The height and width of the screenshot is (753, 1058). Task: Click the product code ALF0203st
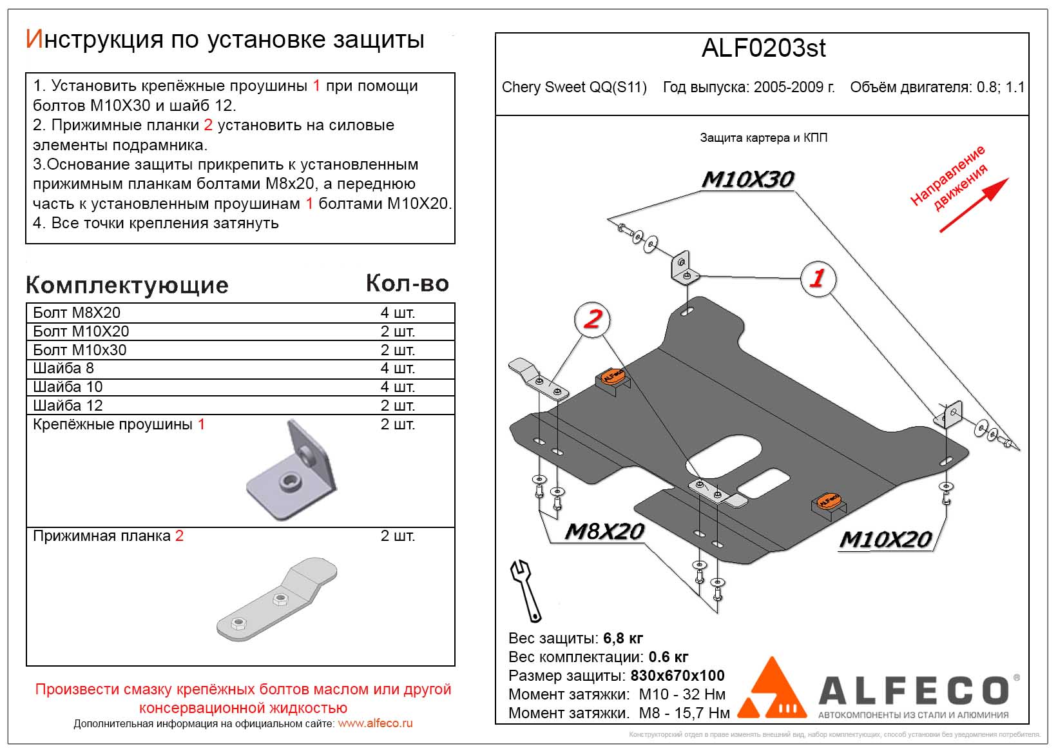(x=763, y=48)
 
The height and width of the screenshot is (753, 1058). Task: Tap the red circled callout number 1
(x=818, y=279)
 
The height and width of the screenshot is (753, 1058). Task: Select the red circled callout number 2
(x=592, y=318)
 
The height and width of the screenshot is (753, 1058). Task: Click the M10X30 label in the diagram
(x=747, y=179)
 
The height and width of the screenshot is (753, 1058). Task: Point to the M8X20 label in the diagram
(x=604, y=531)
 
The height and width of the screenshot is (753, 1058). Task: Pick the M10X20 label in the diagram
(x=885, y=539)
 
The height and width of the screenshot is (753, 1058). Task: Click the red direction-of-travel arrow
(x=973, y=205)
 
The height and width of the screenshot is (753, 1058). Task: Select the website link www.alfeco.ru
(x=375, y=723)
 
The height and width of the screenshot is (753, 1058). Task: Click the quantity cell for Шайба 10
(x=397, y=387)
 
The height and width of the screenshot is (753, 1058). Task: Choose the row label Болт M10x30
(x=80, y=350)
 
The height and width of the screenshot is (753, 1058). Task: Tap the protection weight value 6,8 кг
(x=622, y=638)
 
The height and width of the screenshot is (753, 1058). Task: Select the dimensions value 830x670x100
(x=677, y=676)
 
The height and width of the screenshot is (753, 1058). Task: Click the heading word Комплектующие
(x=127, y=285)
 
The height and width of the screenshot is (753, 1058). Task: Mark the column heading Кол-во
(x=407, y=283)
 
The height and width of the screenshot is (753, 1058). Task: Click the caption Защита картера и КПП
(x=764, y=138)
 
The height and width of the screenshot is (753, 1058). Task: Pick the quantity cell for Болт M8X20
(x=397, y=313)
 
